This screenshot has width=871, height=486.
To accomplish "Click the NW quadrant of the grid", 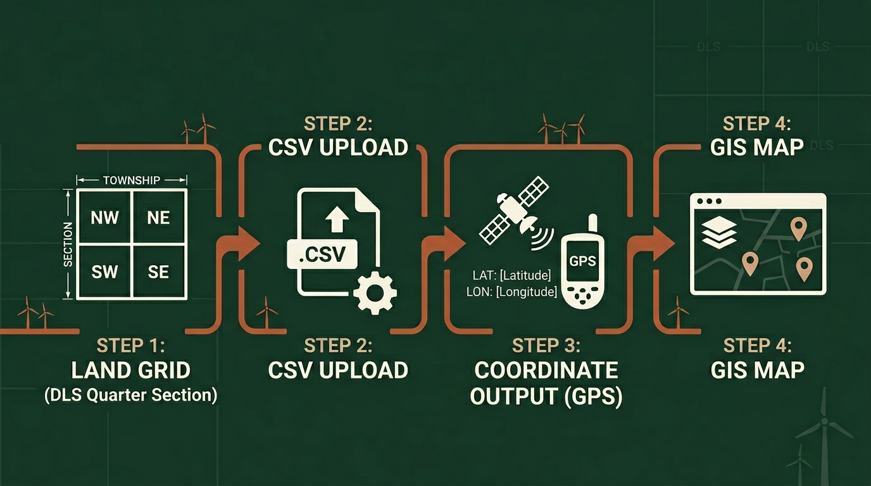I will (x=104, y=218).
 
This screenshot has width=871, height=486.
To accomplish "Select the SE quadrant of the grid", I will (x=158, y=271).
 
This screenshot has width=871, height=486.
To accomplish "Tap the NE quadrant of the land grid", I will (x=158, y=218).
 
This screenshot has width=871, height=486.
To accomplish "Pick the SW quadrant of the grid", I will (x=104, y=271).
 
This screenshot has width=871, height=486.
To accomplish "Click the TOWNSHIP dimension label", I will (x=132, y=180).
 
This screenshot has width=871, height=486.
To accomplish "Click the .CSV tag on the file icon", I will (x=322, y=254).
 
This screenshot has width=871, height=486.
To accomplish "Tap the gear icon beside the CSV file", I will (x=375, y=293).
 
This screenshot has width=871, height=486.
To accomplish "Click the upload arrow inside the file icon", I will (x=336, y=219).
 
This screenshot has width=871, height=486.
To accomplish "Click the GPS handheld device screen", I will (x=582, y=260).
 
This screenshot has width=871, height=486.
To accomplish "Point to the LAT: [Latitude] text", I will (x=511, y=275).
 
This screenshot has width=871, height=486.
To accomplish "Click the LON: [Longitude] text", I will (x=511, y=292).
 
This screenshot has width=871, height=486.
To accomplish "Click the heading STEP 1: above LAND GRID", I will (x=131, y=346).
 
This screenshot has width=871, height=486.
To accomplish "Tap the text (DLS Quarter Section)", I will (x=131, y=396).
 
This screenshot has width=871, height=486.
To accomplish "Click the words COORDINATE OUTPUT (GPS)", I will (x=546, y=383).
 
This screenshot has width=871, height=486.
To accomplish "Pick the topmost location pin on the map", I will (x=799, y=228).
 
